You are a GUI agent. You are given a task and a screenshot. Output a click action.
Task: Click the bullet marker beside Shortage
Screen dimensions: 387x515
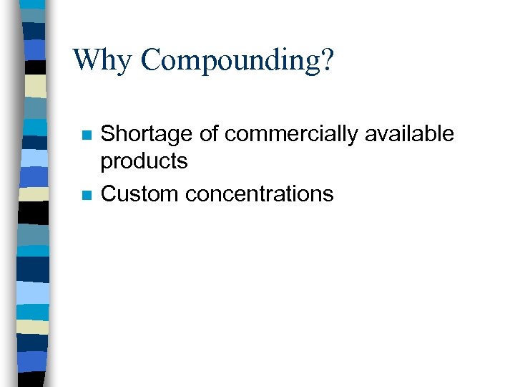86,135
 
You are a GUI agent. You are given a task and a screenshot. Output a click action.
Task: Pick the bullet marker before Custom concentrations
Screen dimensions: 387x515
86,195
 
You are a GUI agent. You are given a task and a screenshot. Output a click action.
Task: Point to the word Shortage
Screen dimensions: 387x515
146,134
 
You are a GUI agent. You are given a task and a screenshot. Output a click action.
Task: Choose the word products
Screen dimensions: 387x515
144,162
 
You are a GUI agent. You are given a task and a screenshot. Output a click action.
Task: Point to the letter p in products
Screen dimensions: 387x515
106,164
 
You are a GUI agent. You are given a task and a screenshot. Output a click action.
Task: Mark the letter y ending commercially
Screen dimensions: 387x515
353,136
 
